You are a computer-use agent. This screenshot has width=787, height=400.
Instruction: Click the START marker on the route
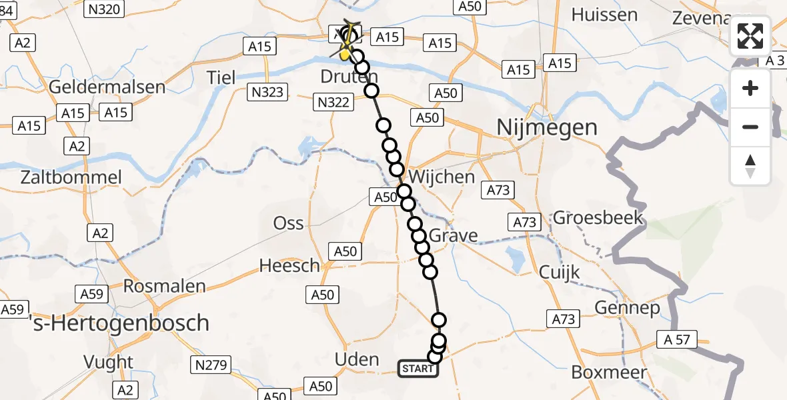[x=418, y=369]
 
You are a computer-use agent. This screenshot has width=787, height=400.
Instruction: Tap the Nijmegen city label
[x=548, y=127]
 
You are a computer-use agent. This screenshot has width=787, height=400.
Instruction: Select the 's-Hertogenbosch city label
[x=121, y=323]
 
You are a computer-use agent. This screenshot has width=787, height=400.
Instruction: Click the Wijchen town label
[x=442, y=177]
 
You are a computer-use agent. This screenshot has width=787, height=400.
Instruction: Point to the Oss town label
[x=288, y=223]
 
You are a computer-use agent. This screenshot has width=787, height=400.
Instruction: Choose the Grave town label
[x=454, y=235]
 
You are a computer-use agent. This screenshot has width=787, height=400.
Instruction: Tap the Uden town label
[x=357, y=360]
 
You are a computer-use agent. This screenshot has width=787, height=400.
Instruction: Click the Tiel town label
[x=221, y=77]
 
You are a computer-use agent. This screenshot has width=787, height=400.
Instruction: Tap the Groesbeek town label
[x=598, y=217]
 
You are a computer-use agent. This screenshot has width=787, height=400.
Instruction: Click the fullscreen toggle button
[x=750, y=37]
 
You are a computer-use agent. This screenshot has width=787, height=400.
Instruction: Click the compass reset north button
[x=750, y=166]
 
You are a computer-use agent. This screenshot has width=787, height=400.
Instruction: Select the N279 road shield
[x=211, y=365]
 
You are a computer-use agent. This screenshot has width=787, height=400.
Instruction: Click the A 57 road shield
[x=677, y=339]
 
